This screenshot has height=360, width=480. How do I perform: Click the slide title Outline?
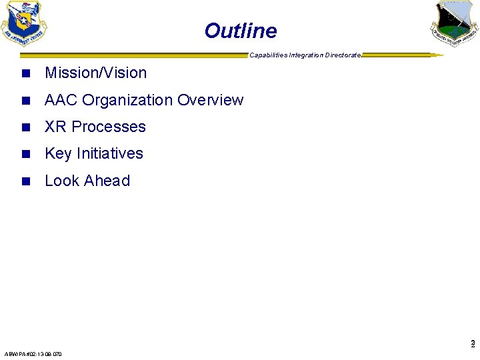240,31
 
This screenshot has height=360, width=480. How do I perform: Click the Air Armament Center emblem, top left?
25,23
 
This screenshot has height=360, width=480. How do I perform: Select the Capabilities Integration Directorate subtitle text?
305,55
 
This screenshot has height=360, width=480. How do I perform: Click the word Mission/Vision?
95,73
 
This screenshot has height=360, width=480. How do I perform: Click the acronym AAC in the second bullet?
62,100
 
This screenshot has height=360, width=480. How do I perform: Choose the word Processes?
109,127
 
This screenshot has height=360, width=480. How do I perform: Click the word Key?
58,153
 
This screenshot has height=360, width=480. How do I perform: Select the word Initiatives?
110,153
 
